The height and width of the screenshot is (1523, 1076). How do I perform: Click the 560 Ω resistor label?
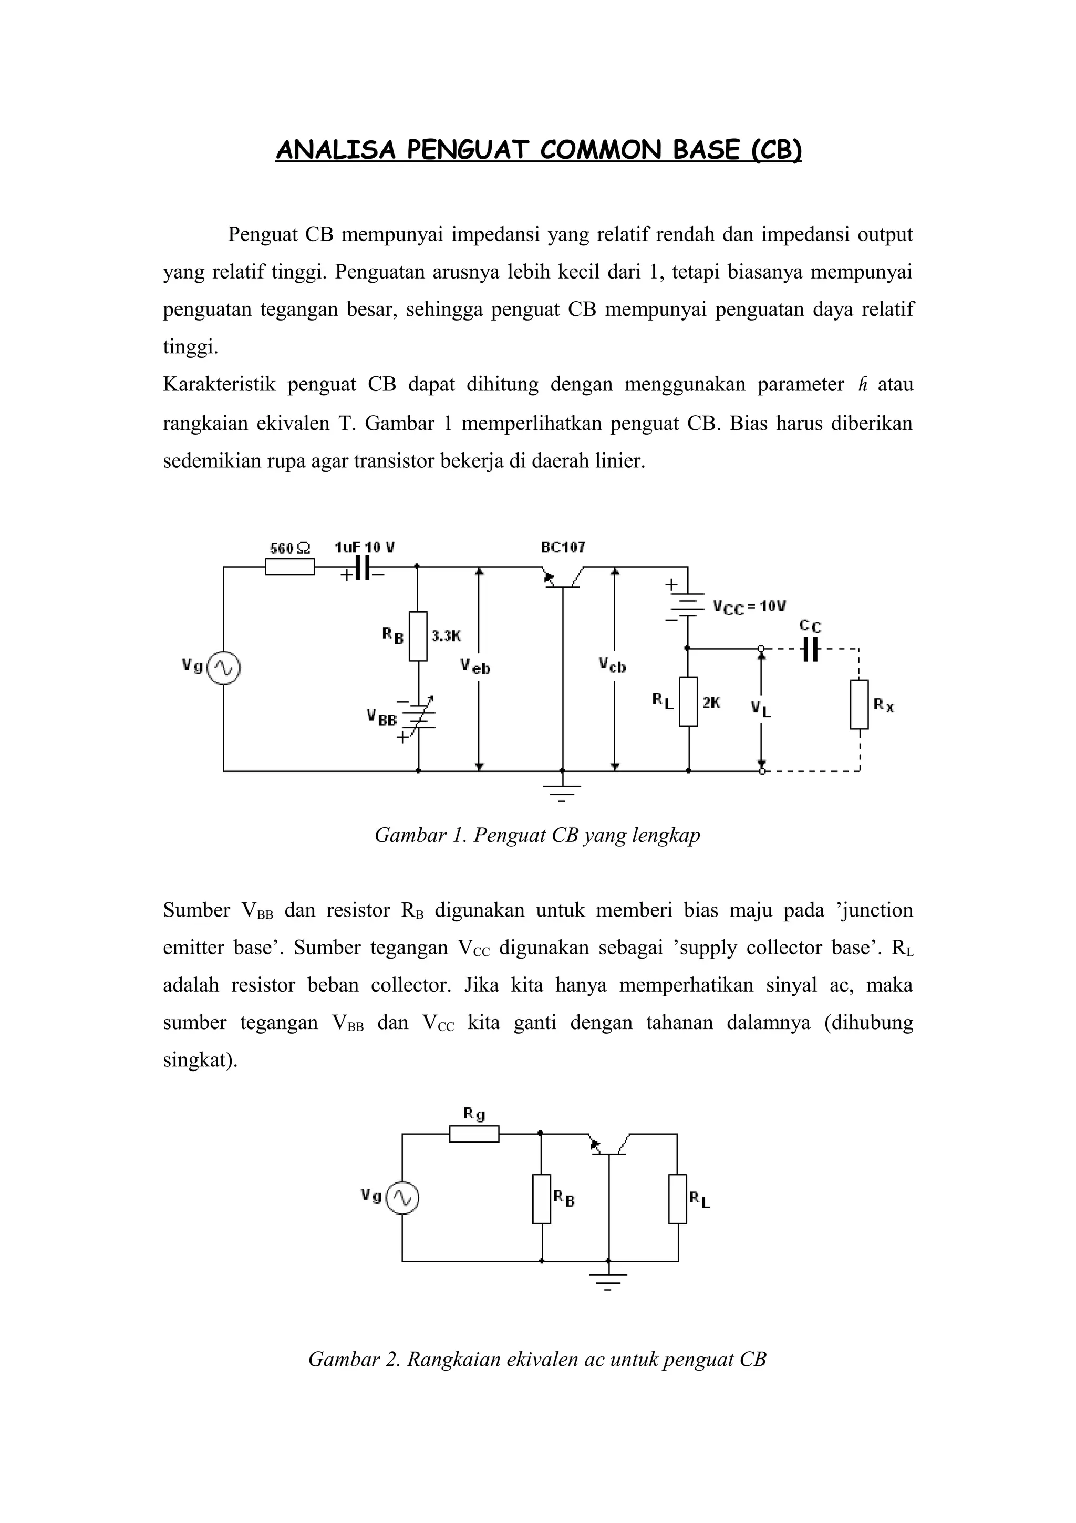click(x=289, y=549)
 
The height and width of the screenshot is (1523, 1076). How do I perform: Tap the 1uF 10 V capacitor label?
click(x=365, y=548)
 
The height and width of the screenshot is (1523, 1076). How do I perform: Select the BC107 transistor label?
click(x=563, y=548)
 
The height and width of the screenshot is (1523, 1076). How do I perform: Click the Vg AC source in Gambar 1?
click(x=223, y=668)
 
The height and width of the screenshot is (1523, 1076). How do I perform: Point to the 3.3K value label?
click(x=446, y=636)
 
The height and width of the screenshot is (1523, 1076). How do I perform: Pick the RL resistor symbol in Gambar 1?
click(x=688, y=702)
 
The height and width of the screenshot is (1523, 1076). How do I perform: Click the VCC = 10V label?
click(x=749, y=607)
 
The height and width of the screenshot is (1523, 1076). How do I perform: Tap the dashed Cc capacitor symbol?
click(x=810, y=650)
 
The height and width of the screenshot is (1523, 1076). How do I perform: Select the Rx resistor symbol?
click(x=859, y=704)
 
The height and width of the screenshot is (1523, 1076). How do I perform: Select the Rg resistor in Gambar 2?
click(x=474, y=1134)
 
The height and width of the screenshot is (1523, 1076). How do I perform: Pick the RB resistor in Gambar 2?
click(x=542, y=1199)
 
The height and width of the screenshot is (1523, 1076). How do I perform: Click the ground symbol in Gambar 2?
click(x=608, y=1280)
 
